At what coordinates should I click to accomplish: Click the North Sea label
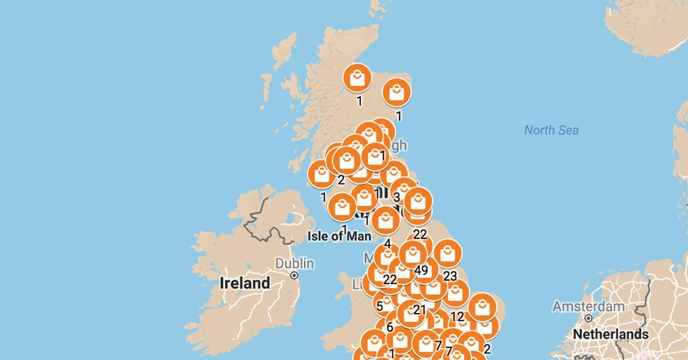point(551,130)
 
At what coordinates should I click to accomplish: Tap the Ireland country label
point(245,283)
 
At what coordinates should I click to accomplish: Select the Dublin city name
point(294,263)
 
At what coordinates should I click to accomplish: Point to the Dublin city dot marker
point(294,275)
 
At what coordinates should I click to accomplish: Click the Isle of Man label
point(339,236)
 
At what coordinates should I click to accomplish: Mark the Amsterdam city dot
point(588,318)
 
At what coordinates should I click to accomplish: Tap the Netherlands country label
point(611,334)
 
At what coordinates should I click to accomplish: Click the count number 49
point(421,271)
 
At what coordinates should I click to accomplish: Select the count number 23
point(449,276)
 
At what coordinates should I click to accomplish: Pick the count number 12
point(457,317)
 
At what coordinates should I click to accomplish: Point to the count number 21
point(420,310)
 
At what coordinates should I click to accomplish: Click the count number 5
point(380,306)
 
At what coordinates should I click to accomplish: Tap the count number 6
point(390,328)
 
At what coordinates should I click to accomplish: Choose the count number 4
point(388,244)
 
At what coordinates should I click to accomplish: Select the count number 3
point(397,197)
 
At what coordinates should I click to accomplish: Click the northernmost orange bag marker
point(357,78)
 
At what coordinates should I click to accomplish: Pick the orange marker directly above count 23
point(447,254)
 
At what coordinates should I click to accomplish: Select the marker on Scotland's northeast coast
point(397,91)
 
